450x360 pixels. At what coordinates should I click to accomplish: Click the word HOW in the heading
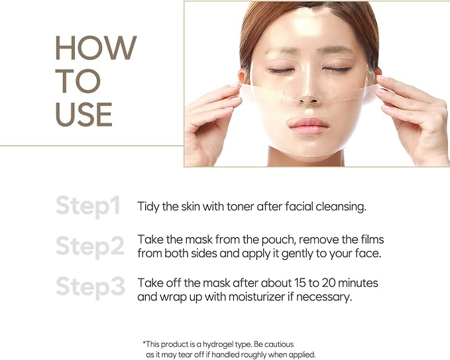[96, 48]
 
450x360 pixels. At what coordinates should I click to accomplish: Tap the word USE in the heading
[84, 115]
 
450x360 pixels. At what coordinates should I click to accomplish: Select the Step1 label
[88, 206]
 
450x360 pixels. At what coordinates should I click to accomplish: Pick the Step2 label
[90, 247]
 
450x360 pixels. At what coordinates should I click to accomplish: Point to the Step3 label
[90, 287]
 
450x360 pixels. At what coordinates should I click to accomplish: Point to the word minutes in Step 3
[358, 283]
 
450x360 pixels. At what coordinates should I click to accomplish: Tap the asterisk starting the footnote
[144, 343]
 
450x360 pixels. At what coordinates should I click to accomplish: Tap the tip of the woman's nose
[308, 99]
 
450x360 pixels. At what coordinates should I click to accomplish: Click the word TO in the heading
[78, 81]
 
